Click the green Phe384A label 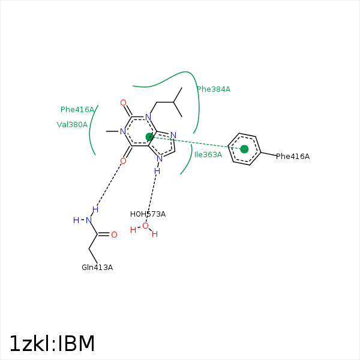click(x=214, y=89)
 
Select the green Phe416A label click(x=77, y=110)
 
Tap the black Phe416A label click(x=293, y=157)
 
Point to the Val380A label click(x=72, y=125)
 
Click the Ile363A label click(x=208, y=155)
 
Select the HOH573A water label click(x=148, y=214)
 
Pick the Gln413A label click(x=97, y=268)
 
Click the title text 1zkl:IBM click(x=52, y=344)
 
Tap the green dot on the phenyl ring click(x=244, y=149)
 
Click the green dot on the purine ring click(x=150, y=137)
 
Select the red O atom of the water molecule click(x=145, y=226)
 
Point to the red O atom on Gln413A click(x=114, y=235)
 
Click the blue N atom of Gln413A click(x=89, y=220)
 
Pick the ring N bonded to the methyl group click(x=122, y=131)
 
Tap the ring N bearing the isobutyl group click(x=148, y=117)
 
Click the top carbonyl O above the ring click(x=123, y=103)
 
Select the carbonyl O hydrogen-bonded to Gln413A click(x=123, y=161)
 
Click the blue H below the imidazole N click(x=157, y=171)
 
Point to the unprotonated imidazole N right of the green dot click(x=173, y=135)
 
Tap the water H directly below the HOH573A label click(x=133, y=230)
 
